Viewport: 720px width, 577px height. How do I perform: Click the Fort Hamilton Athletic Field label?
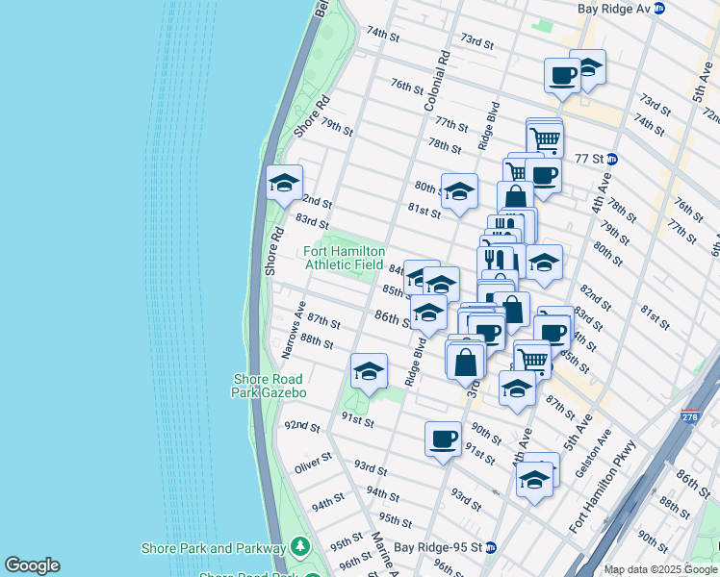coord(345,258)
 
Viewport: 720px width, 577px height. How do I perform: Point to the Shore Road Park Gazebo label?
coord(269,386)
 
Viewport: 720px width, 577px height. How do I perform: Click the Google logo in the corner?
coord(32,565)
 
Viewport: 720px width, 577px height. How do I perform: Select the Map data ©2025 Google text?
coord(660,569)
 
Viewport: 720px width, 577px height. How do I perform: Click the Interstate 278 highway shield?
coord(689,416)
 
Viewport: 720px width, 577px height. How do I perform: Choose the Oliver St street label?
coord(313,466)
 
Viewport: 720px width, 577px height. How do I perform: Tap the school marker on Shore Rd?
coord(284,183)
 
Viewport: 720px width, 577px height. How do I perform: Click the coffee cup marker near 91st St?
coord(443,439)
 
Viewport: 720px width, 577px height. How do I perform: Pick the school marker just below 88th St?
coord(368,371)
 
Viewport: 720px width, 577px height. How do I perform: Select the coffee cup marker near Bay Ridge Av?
coord(561,75)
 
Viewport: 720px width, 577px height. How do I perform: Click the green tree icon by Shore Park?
coord(299,547)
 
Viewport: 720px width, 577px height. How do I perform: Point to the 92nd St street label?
coord(302,425)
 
